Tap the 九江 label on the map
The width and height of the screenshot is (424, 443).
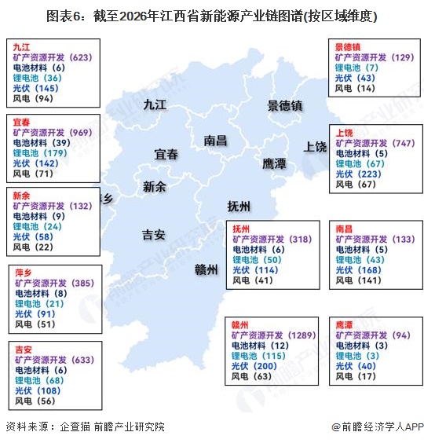pyautogui.click(x=155, y=104)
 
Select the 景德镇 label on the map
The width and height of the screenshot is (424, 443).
pyautogui.click(x=284, y=104)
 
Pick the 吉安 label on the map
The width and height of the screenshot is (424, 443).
pyautogui.click(x=153, y=234)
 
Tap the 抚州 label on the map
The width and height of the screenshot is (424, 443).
pyautogui.click(x=238, y=207)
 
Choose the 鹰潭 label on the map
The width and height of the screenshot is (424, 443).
pyautogui.click(x=274, y=163)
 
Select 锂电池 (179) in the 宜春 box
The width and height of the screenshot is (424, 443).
pyautogui.click(x=38, y=153)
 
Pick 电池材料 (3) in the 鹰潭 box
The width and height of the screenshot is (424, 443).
pyautogui.click(x=362, y=345)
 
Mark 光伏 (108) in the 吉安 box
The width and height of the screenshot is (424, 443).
pyautogui.click(x=40, y=390)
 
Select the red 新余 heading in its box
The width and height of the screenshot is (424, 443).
pyautogui.click(x=23, y=195)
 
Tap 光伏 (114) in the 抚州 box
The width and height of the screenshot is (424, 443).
pyautogui.click(x=255, y=269)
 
